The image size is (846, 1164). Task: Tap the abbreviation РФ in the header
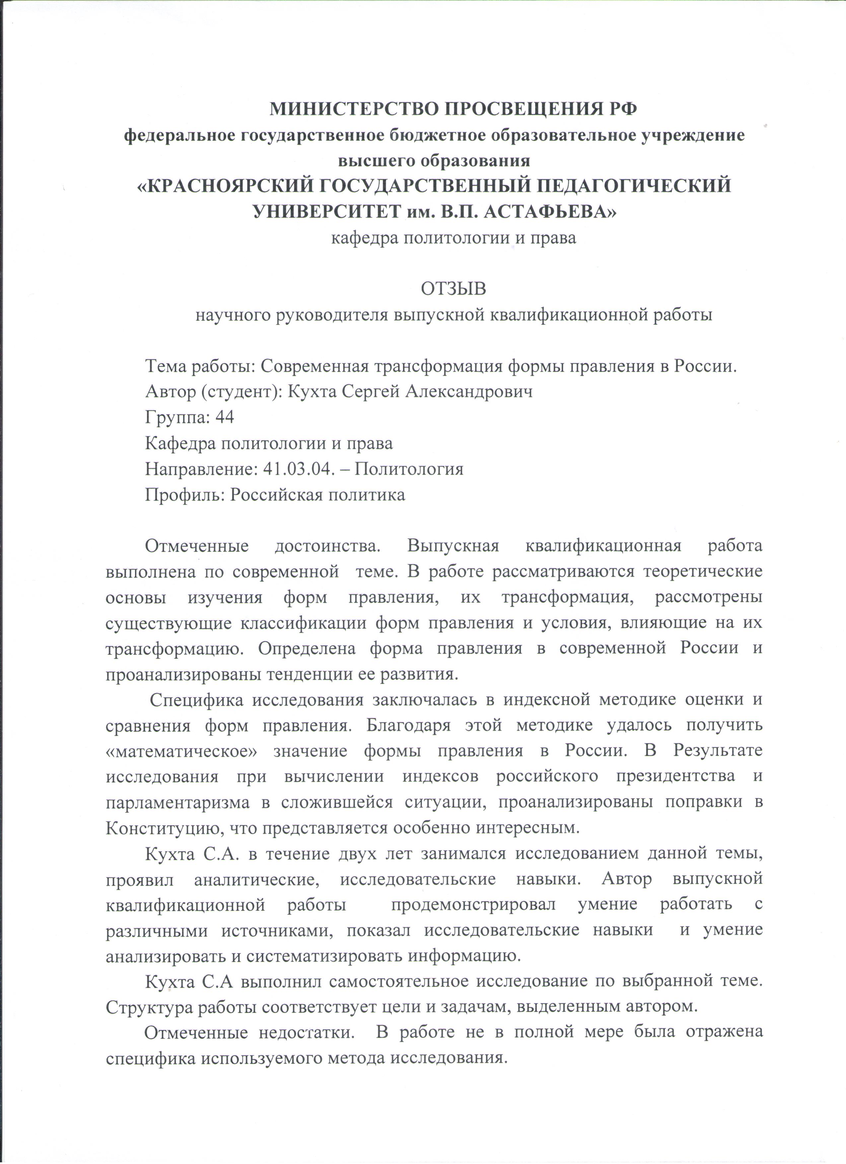point(620,109)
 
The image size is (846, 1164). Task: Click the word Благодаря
point(401,725)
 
